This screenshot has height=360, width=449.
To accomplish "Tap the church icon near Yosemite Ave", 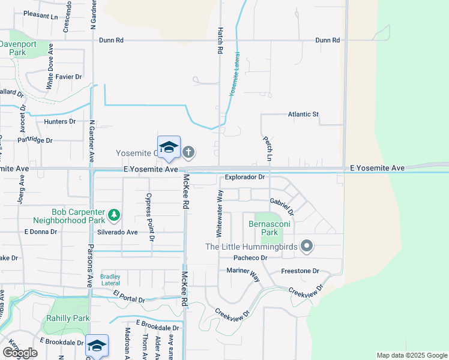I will click(x=188, y=152).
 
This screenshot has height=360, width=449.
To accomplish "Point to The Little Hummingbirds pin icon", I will click(x=307, y=246).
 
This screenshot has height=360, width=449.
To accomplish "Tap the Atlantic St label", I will click(x=304, y=114).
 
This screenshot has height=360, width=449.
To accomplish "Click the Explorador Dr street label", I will click(x=245, y=177).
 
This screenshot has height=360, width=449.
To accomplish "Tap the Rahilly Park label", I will click(x=68, y=318).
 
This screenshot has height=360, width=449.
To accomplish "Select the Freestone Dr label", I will click(x=300, y=271).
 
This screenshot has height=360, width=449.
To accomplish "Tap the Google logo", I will click(x=20, y=353).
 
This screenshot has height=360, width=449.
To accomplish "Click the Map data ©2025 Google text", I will click(x=411, y=355).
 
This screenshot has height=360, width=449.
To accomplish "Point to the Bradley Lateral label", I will click(x=110, y=279).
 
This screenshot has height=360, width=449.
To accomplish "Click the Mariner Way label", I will click(x=243, y=271).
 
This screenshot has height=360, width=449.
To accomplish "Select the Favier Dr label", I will click(x=68, y=77).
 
